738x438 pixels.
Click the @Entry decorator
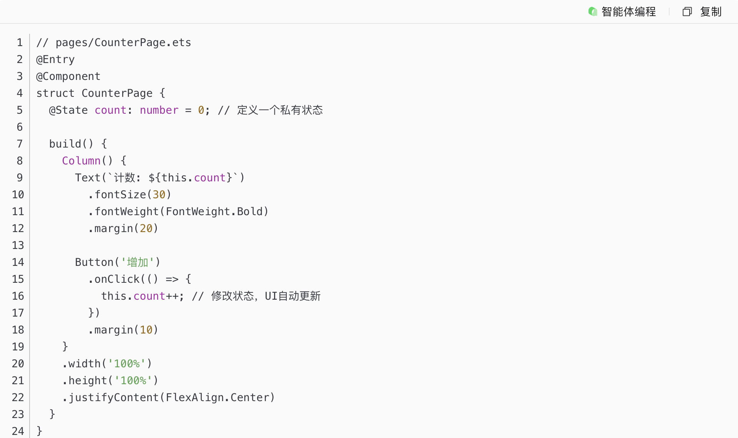55,60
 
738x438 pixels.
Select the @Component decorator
68,76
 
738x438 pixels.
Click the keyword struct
55,93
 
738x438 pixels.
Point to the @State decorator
68,110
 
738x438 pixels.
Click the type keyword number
159,110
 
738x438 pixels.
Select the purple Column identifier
81,161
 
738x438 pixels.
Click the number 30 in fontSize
159,195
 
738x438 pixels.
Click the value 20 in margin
146,229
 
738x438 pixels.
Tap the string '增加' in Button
137,262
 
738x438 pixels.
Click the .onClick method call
114,279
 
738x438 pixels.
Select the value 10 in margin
146,330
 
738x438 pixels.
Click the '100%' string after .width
127,364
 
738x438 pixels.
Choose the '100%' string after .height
133,381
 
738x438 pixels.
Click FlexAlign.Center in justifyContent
217,398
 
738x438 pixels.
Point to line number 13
18,246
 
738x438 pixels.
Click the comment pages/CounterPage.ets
123,43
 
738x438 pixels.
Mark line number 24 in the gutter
18,431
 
